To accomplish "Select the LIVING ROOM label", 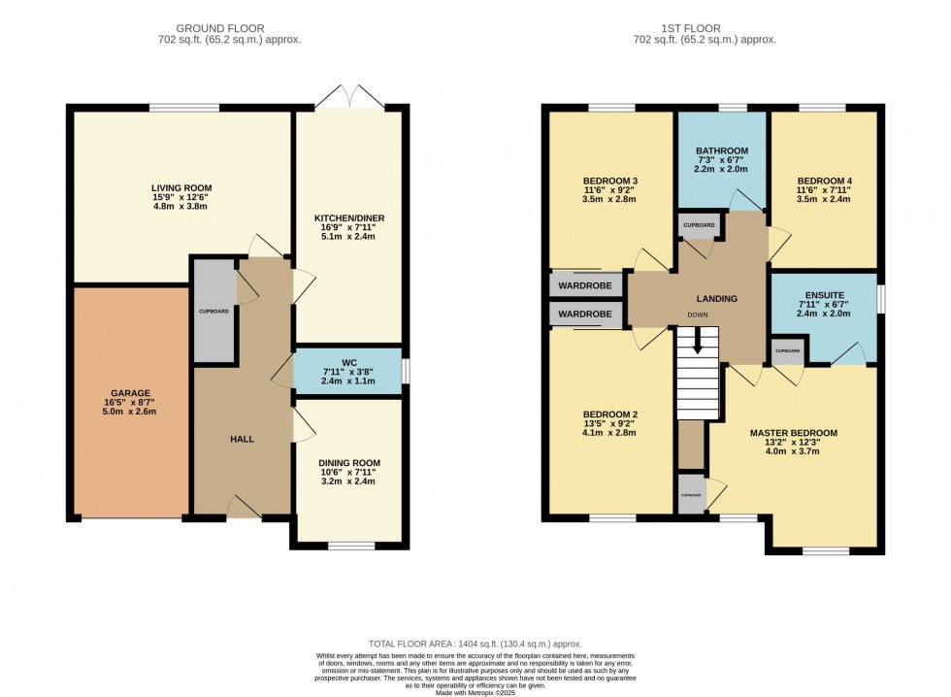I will tap(180, 187).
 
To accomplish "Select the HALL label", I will tap(242, 439).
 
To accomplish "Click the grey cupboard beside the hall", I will tap(214, 312).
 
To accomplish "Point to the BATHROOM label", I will tap(721, 151).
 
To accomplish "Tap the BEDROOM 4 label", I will tap(824, 181).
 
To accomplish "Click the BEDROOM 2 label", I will tap(610, 415).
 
